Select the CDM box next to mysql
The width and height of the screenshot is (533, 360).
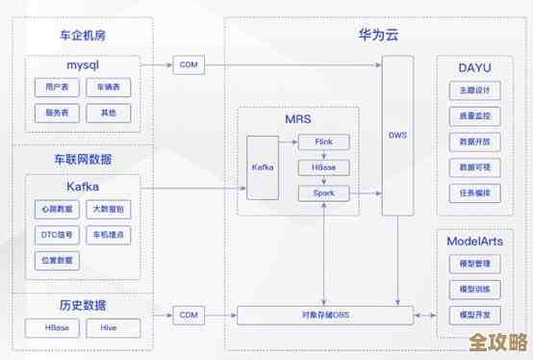188,65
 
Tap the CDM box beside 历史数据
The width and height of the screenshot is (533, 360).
188,315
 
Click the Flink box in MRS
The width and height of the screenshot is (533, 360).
323,141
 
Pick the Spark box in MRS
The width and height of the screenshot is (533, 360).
323,193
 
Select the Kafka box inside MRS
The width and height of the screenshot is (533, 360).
263,167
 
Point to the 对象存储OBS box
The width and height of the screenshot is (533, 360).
324,315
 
